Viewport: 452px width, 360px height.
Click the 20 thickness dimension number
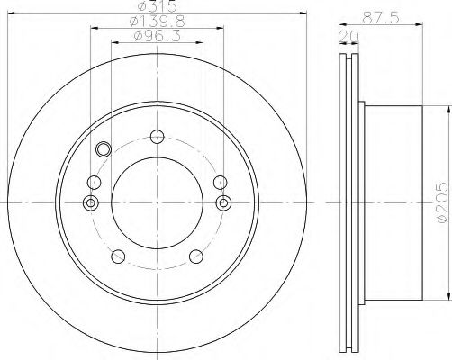[x=346, y=37]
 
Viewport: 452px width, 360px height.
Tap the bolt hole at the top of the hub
[x=158, y=137]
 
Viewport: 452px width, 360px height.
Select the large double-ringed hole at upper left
[x=102, y=149]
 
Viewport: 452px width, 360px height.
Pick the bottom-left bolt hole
[x=119, y=258]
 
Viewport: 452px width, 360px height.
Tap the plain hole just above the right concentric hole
[x=219, y=182]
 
